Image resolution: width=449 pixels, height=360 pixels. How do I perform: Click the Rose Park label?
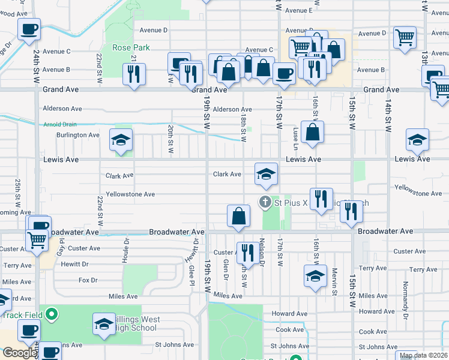point(130,47)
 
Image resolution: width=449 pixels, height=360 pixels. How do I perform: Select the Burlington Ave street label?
point(78,135)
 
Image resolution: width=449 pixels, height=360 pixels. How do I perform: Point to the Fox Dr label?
point(88,280)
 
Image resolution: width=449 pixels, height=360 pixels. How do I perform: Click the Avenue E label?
point(299,10)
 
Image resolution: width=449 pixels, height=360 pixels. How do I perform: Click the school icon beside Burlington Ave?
point(121,140)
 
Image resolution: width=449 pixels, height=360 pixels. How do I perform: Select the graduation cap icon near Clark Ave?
point(266,174)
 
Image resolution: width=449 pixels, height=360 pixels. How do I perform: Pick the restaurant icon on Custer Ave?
point(247,253)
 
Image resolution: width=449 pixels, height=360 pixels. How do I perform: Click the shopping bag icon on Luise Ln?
point(313,133)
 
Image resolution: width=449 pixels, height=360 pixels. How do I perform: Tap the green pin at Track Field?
point(52,313)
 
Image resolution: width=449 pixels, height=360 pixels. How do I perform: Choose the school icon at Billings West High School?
point(104,324)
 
